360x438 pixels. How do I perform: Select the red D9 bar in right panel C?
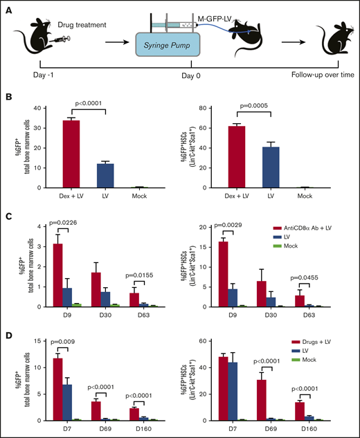tap(227, 273)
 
